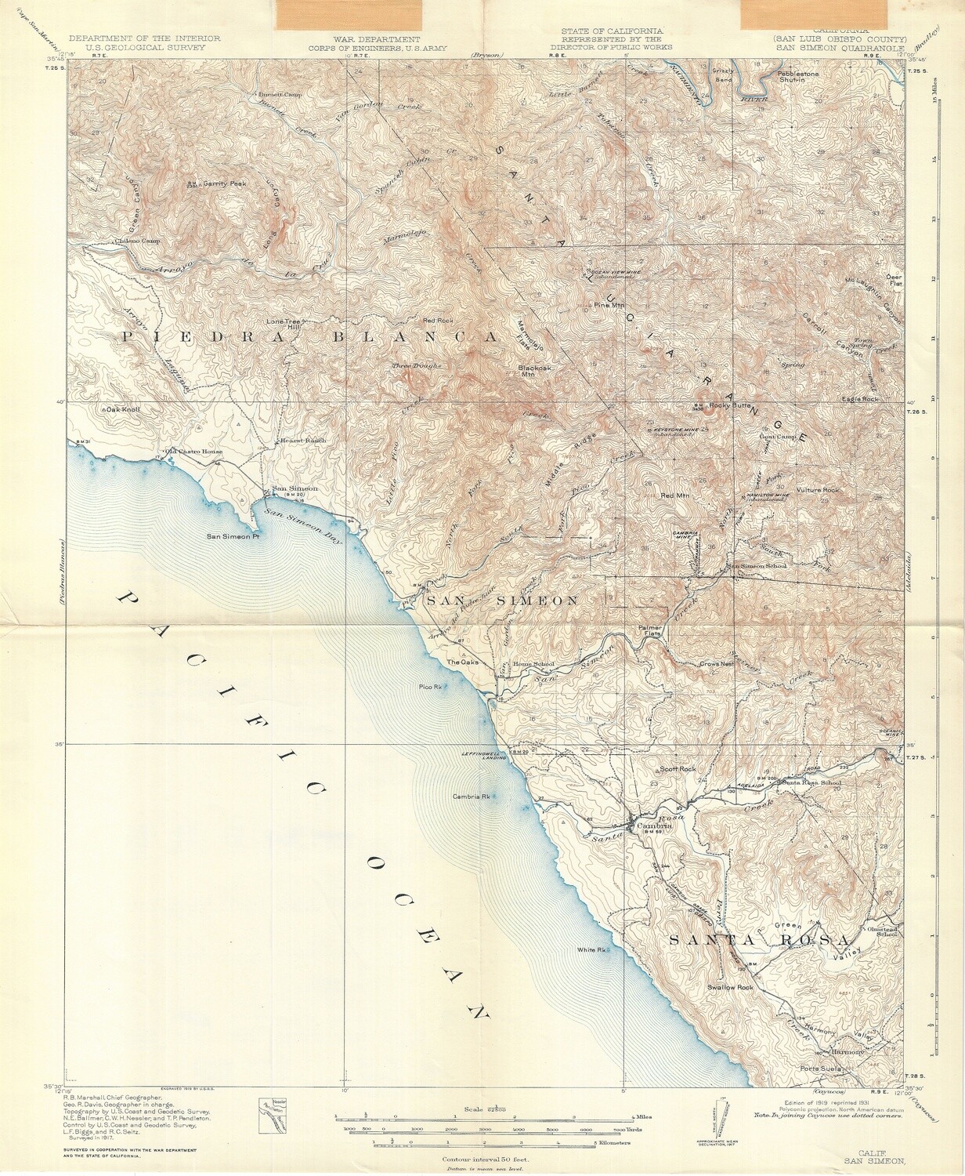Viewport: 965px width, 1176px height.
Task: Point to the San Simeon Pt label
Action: [x=233, y=537]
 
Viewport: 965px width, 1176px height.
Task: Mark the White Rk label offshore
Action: [x=591, y=950]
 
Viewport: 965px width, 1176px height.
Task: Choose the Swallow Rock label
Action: [x=729, y=987]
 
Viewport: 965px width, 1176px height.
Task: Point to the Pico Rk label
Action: [x=432, y=687]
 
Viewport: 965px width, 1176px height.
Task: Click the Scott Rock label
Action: [x=678, y=769]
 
